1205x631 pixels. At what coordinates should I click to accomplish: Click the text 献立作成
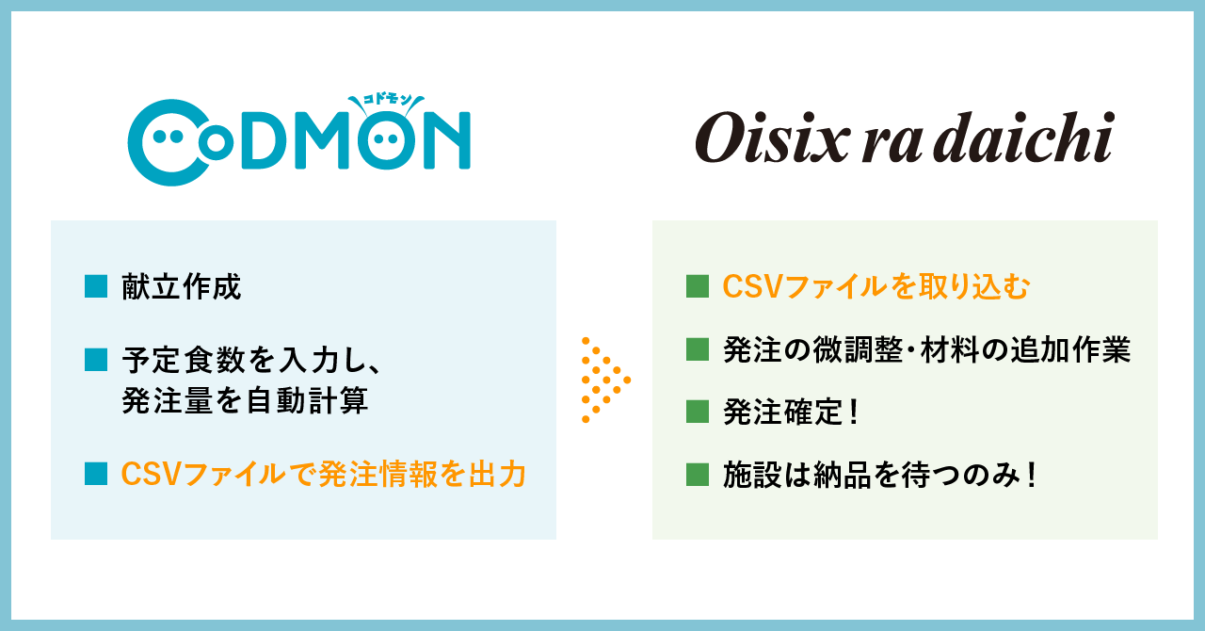click(182, 287)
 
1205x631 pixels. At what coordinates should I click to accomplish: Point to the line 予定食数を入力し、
click(249, 360)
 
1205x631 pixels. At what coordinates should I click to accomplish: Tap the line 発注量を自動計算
click(244, 401)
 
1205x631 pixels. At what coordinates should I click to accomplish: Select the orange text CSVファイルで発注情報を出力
click(323, 474)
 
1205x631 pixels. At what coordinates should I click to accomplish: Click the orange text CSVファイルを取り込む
click(876, 287)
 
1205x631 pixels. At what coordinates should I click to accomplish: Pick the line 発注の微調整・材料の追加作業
click(926, 350)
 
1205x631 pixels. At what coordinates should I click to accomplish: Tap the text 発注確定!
click(791, 412)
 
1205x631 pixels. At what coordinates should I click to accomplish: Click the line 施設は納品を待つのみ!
click(880, 474)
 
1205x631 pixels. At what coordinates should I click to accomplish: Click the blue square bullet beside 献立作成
click(96, 286)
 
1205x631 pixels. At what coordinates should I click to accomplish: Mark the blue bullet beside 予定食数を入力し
click(96, 359)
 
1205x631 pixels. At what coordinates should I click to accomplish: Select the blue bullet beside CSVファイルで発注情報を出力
click(96, 474)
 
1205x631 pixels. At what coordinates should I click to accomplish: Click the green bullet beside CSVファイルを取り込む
click(698, 286)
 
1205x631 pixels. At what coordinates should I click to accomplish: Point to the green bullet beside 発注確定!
click(698, 412)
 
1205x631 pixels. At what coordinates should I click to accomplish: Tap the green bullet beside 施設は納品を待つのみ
click(698, 474)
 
